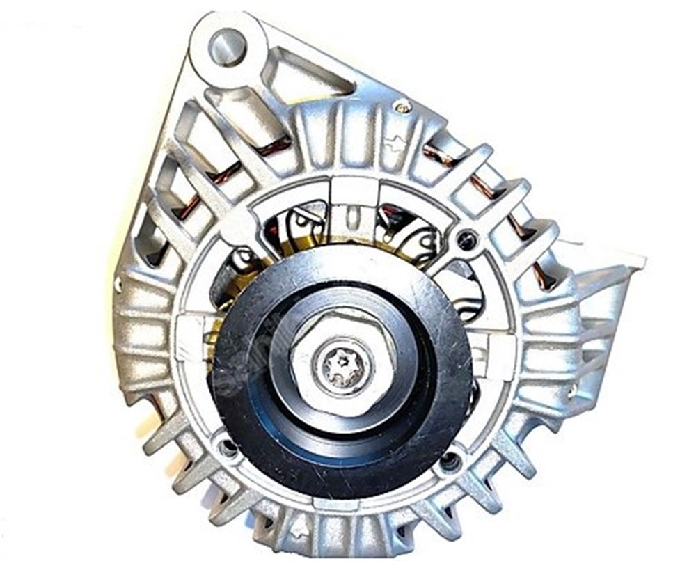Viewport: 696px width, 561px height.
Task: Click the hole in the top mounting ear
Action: click(x=227, y=46)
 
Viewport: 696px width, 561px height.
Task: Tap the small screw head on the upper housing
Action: click(x=402, y=106)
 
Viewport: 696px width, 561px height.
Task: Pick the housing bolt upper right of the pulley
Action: click(x=464, y=240)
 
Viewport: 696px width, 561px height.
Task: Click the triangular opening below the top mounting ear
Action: click(x=306, y=77)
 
